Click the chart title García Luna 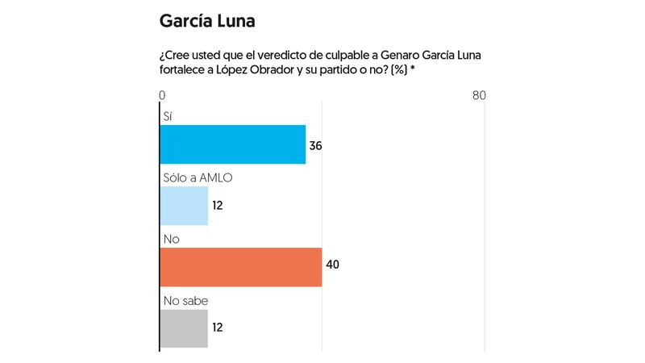click(213, 19)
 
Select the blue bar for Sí click(233, 144)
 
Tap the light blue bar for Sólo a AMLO click(185, 206)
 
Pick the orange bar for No click(241, 267)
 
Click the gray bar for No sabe click(185, 328)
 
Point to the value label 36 click(316, 145)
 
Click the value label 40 click(332, 267)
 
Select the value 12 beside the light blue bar click(217, 206)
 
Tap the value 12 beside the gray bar click(217, 328)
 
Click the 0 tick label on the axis click(162, 95)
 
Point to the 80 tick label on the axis click(479, 95)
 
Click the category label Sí click(168, 116)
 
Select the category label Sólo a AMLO click(198, 177)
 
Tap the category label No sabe click(185, 300)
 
